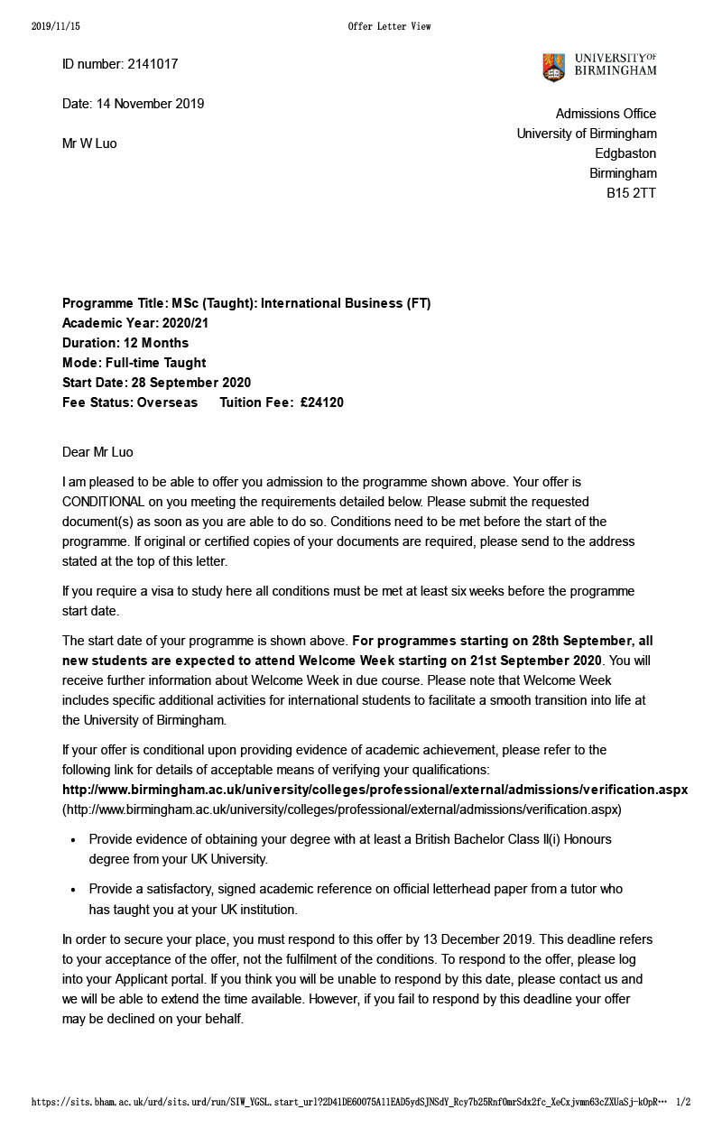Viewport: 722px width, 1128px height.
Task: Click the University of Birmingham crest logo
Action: (x=553, y=68)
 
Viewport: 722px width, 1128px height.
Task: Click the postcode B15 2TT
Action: (x=631, y=193)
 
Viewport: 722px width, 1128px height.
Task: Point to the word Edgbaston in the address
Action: (x=625, y=153)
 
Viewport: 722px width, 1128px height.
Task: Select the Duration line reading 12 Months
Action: (x=125, y=343)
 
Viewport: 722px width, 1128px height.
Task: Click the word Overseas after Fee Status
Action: (x=167, y=402)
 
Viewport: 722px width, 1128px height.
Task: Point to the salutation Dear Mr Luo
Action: (x=97, y=452)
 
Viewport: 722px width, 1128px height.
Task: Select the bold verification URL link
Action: (x=375, y=790)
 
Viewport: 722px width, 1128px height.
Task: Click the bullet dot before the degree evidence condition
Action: (x=73, y=840)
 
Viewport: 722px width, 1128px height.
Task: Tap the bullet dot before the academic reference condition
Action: (x=73, y=890)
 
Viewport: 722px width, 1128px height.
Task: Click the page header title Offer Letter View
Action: (x=389, y=26)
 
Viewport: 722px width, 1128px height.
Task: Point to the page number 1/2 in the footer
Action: (x=683, y=1102)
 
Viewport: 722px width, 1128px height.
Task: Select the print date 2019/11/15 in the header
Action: (x=56, y=26)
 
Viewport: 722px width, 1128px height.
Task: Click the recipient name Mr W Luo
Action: (x=89, y=143)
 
